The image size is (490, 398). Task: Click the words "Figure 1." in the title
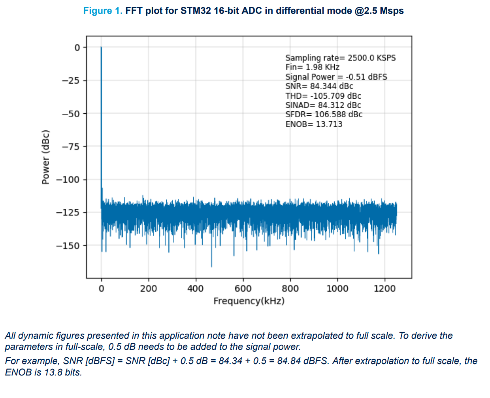tap(103, 11)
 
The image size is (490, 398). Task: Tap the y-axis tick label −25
tap(71, 81)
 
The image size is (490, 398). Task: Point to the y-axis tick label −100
tap(68, 180)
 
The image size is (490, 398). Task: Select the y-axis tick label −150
tap(68, 246)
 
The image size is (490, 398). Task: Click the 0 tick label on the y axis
tap(77, 47)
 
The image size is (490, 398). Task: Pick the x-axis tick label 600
tap(243, 289)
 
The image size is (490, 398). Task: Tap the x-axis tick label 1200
tap(384, 289)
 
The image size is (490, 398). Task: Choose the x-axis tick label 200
tap(149, 289)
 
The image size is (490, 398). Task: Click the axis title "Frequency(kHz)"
tap(249, 301)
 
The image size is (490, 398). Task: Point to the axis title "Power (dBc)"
tap(46, 157)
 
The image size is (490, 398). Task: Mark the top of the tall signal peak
tap(101, 47)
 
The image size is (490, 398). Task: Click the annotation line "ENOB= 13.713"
tap(314, 124)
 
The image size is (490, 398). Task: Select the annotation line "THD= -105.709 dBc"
tap(323, 96)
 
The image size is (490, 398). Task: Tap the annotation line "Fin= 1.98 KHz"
tap(312, 67)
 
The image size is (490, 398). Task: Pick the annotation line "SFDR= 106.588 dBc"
tap(324, 115)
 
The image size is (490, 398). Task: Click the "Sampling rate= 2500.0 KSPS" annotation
tap(341, 58)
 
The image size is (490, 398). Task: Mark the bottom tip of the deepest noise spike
tap(211, 267)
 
